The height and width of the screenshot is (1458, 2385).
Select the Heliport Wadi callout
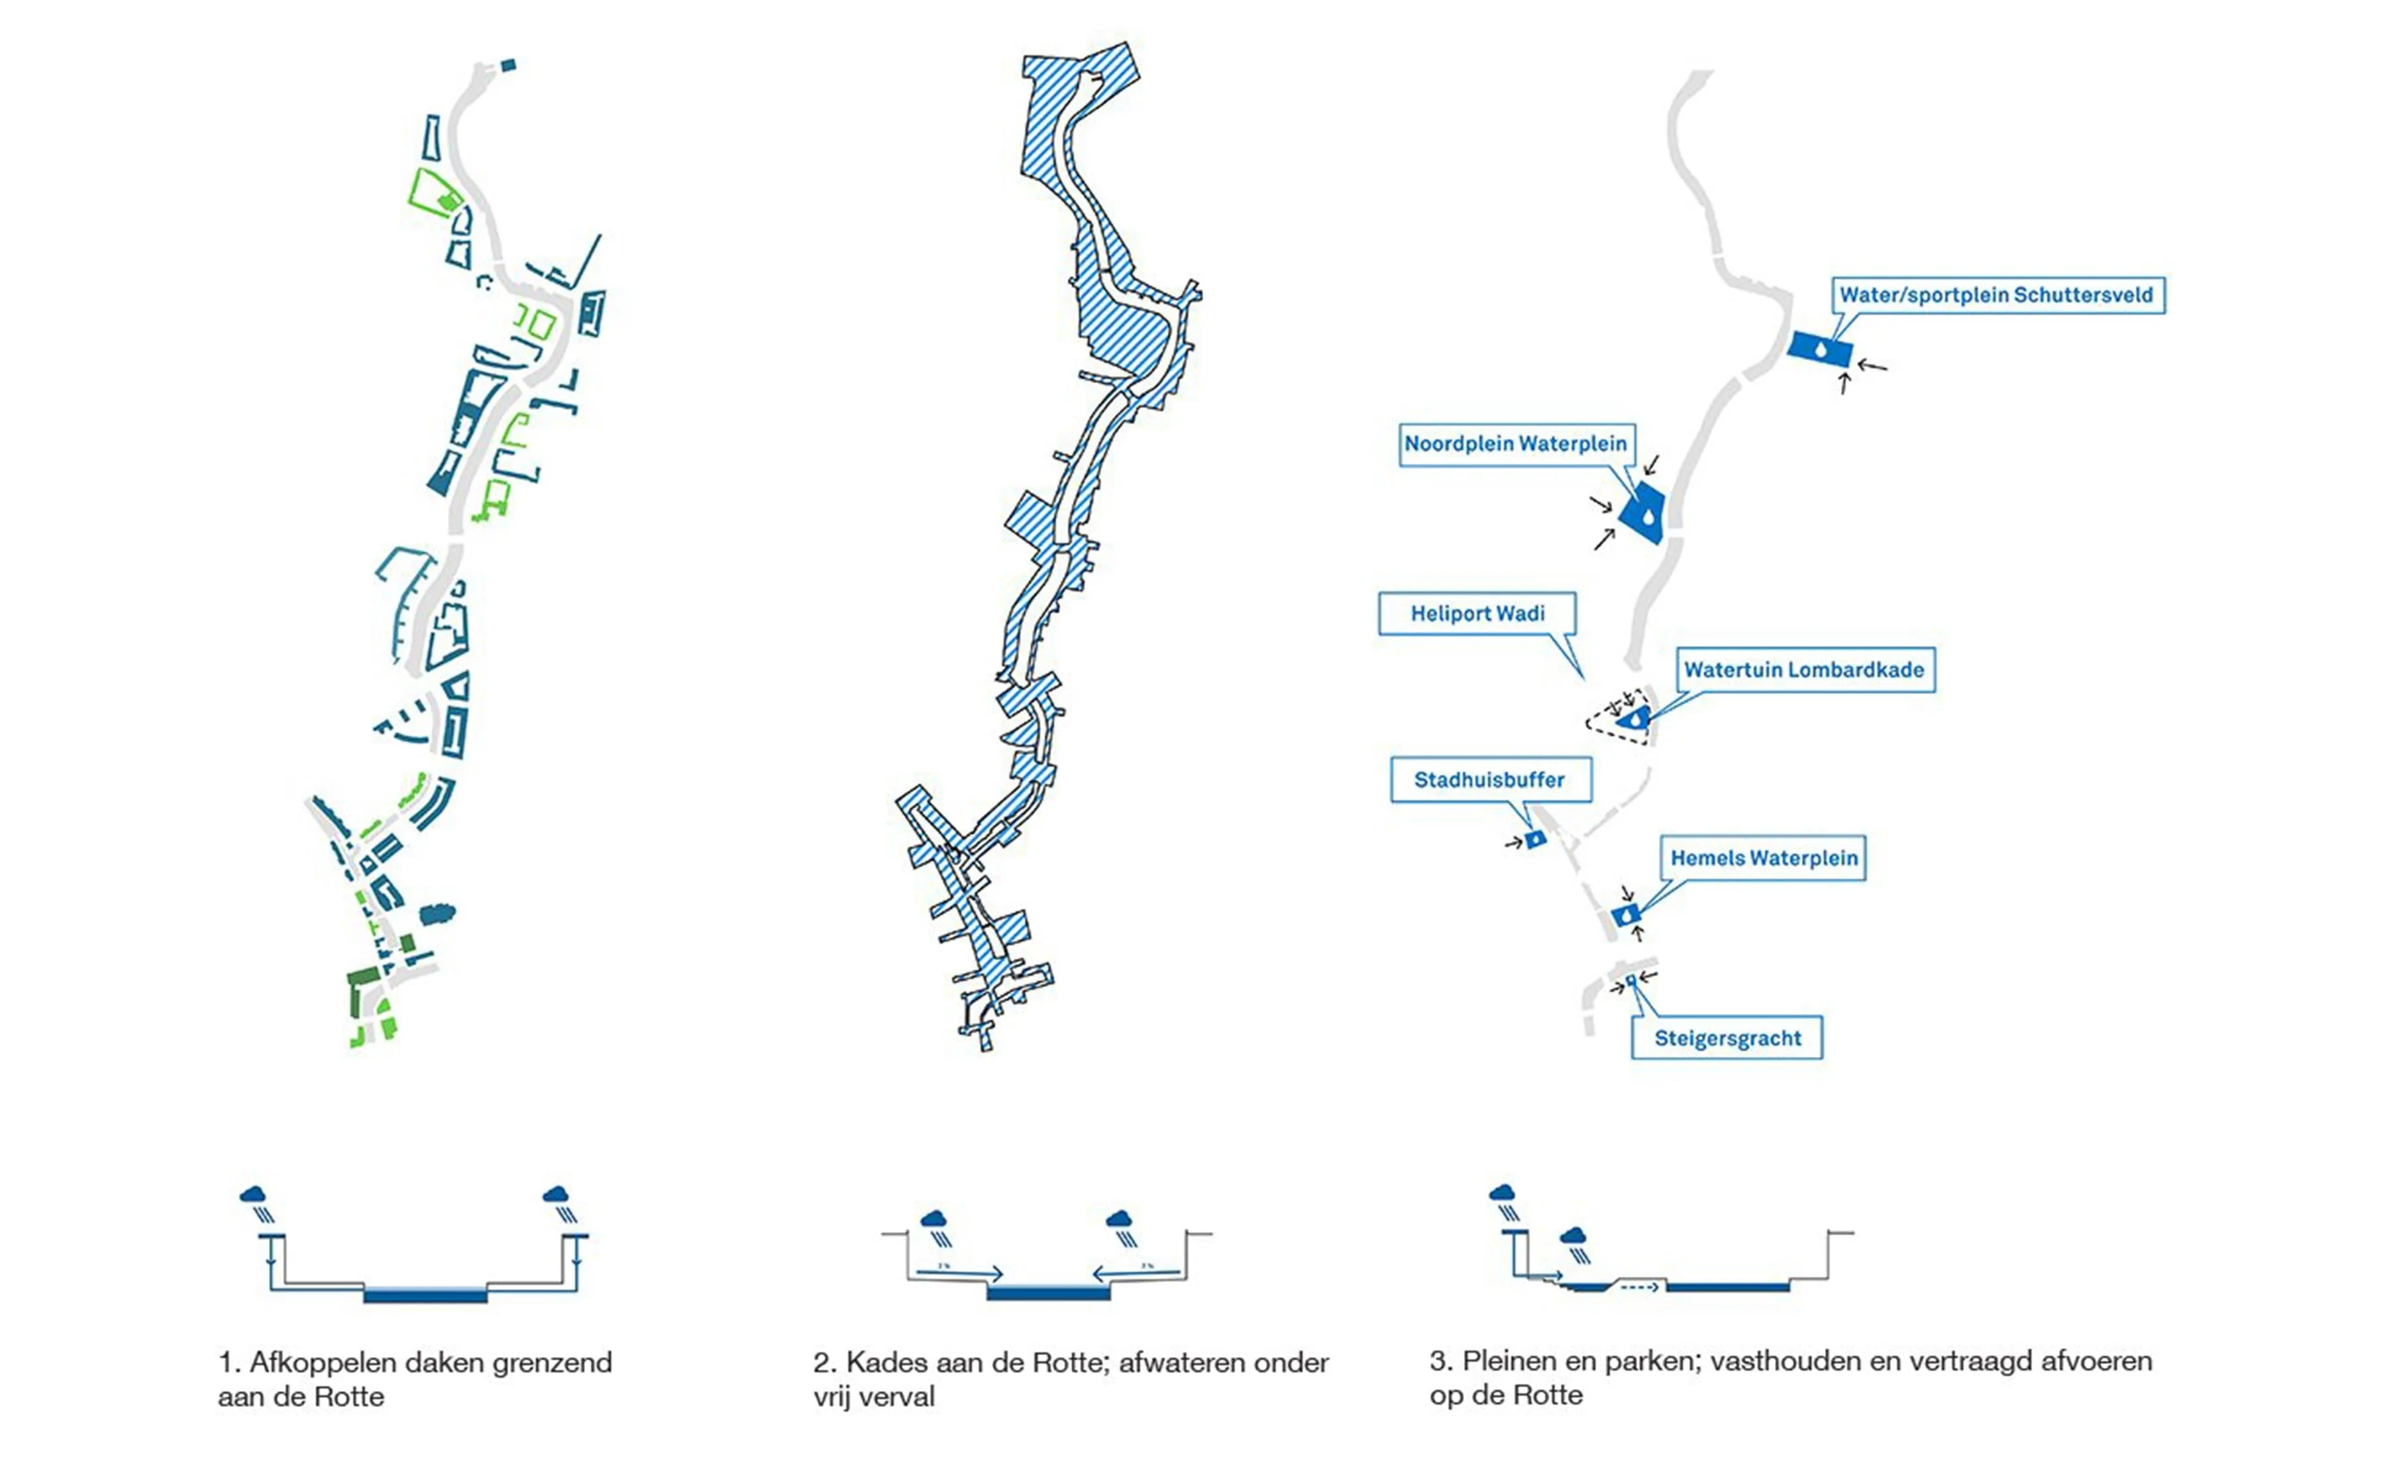coord(1477,614)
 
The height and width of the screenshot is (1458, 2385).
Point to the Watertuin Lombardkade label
coord(1803,670)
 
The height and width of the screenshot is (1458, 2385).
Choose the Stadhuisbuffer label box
coord(1490,780)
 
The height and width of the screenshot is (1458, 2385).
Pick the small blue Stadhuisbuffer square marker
coord(1534,840)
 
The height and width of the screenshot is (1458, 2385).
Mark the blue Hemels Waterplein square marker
coord(1625,914)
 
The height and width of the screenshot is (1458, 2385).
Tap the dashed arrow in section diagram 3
coord(1639,1288)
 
